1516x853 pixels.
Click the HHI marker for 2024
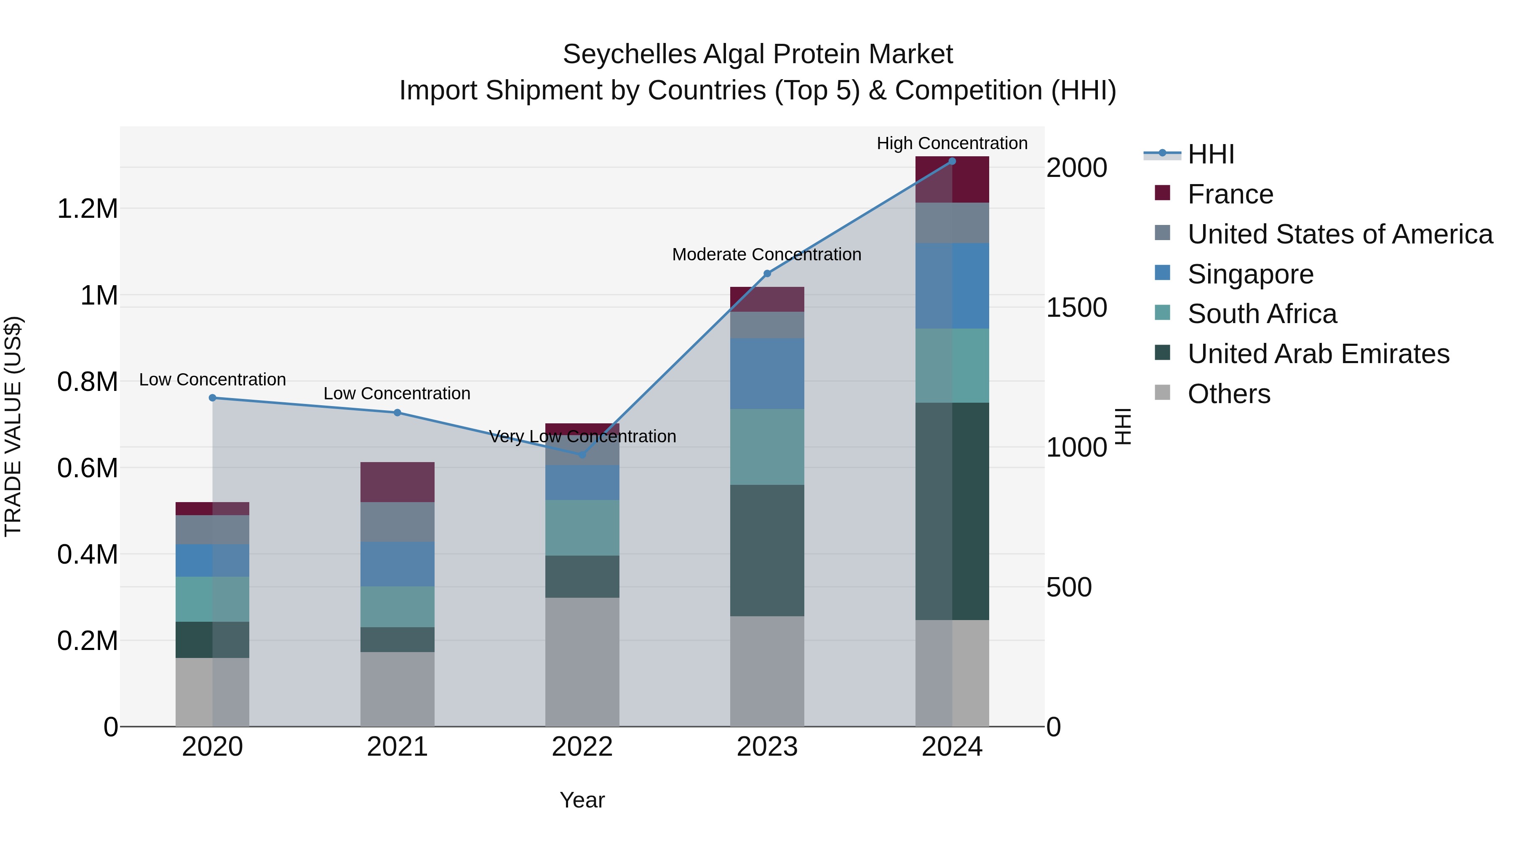[x=952, y=161]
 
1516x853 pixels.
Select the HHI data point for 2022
[x=582, y=455]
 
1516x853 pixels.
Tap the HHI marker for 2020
[x=213, y=398]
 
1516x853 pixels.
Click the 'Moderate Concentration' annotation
[x=766, y=254]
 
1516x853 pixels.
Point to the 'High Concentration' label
[x=952, y=143]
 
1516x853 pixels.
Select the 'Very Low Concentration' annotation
[x=582, y=436]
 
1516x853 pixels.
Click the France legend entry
[x=1230, y=194]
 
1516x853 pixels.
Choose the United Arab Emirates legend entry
[x=1318, y=354]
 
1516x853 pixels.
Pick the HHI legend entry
[x=1211, y=154]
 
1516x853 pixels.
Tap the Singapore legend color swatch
[x=1162, y=273]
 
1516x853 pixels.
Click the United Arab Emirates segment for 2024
[x=952, y=511]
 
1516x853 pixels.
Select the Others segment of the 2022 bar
[x=582, y=662]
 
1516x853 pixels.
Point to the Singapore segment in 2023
[x=766, y=373]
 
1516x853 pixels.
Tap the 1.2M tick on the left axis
[x=87, y=209]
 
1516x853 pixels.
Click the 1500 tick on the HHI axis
[x=1076, y=308]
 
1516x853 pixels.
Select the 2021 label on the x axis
[x=397, y=747]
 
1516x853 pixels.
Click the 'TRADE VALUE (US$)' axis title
[x=13, y=426]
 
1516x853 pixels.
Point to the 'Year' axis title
[x=582, y=800]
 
